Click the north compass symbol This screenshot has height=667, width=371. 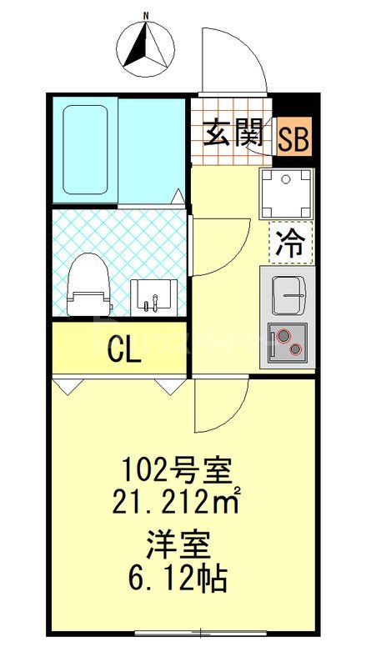(x=147, y=46)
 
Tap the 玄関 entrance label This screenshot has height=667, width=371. (x=234, y=134)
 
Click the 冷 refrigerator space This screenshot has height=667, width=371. (x=290, y=243)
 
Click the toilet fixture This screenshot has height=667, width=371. (x=88, y=284)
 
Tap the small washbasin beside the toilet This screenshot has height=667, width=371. (x=153, y=297)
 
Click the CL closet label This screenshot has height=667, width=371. (x=123, y=351)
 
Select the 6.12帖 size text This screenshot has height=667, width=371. (x=178, y=577)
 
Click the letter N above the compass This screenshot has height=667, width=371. (x=146, y=16)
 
